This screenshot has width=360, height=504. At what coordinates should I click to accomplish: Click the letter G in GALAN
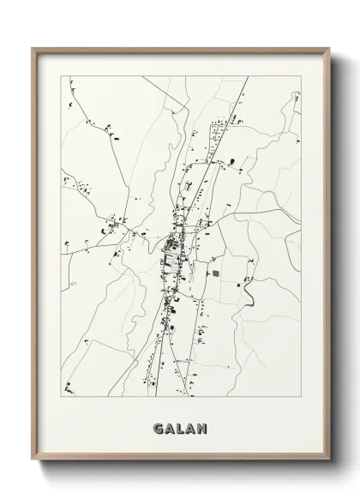tap(159, 427)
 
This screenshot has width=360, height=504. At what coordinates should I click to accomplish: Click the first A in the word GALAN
tap(170, 427)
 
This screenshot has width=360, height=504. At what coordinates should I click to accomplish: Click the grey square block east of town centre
tap(215, 273)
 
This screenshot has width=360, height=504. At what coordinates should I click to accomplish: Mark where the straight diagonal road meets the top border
tap(248, 76)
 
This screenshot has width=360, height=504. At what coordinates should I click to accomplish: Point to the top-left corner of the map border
tap(61, 76)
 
